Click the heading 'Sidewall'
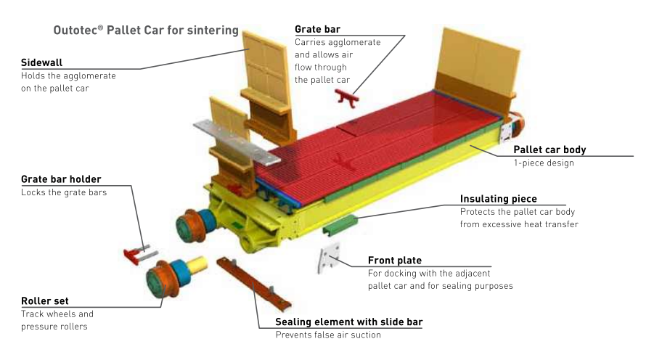pyautogui.click(x=42, y=62)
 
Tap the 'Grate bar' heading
pyautogui.click(x=317, y=29)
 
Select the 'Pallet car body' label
pyautogui.click(x=549, y=150)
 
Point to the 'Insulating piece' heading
pyautogui.click(x=498, y=199)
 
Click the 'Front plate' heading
pyautogui.click(x=395, y=261)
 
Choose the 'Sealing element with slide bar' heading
pyautogui.click(x=348, y=322)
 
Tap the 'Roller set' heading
pyautogui.click(x=45, y=301)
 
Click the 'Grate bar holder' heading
pyautogui.click(x=61, y=179)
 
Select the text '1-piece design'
pyautogui.click(x=544, y=163)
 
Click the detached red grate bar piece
pyautogui.click(x=347, y=98)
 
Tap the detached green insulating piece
pyautogui.click(x=340, y=224)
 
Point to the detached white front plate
pyautogui.click(x=328, y=258)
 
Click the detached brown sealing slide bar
pyautogui.click(x=254, y=284)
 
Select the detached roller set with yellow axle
pyautogui.click(x=175, y=276)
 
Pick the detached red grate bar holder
pyautogui.click(x=139, y=254)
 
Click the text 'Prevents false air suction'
pyautogui.click(x=328, y=335)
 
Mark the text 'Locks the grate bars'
pyautogui.click(x=64, y=192)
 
